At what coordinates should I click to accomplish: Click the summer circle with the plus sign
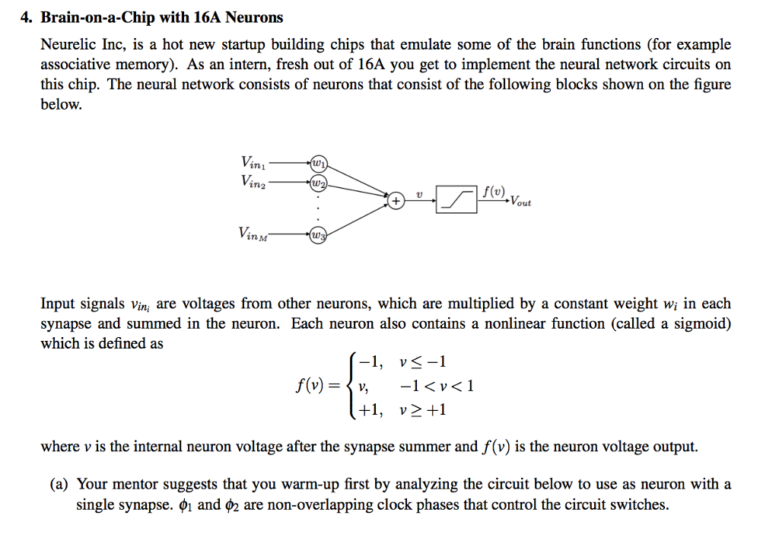pos(396,202)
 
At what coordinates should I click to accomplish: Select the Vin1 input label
pos(253,162)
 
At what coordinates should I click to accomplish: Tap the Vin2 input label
pos(253,182)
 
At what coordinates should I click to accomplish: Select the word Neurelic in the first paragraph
pos(68,45)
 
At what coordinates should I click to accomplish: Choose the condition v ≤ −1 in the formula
pos(423,361)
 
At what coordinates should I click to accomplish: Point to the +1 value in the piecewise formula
pos(370,410)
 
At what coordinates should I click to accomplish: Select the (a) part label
pos(64,485)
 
